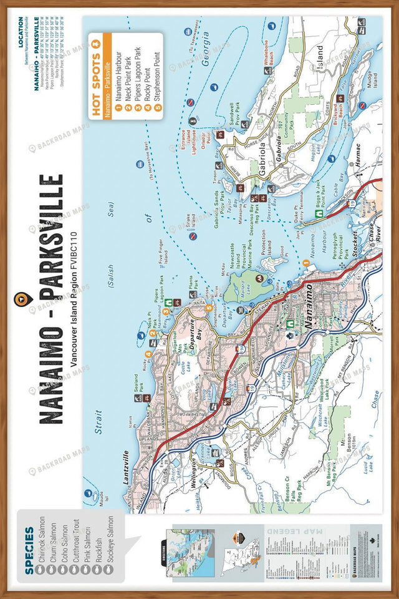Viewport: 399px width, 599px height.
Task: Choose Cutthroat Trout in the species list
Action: click(82, 543)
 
